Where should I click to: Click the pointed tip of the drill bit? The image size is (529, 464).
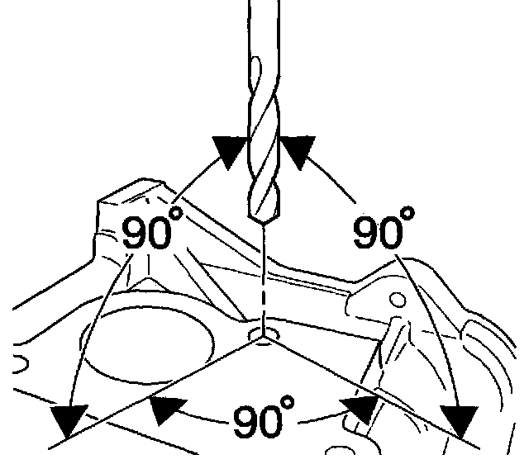click(x=262, y=224)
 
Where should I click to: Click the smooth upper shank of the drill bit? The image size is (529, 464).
click(x=263, y=41)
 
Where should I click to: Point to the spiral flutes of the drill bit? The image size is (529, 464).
click(x=263, y=157)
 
